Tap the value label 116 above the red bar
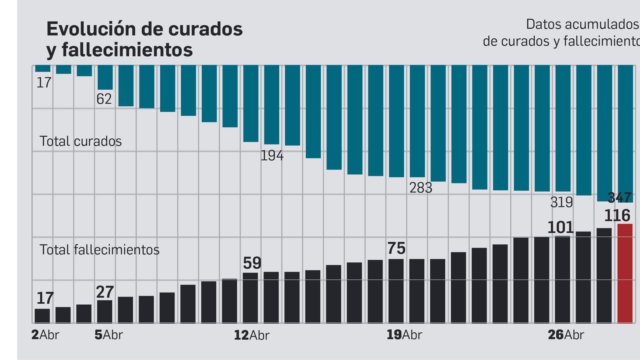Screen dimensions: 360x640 click(617, 216)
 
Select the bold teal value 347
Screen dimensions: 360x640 click(620, 198)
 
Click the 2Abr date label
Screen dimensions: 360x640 click(45, 335)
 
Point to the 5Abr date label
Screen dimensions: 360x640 click(108, 335)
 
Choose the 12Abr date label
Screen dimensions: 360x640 click(251, 335)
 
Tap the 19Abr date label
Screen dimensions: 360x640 click(404, 335)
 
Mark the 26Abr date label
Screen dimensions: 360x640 click(566, 335)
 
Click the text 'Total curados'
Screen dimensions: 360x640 click(80, 141)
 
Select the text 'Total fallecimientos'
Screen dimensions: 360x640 click(99, 250)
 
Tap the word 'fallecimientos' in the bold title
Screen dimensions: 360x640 click(127, 50)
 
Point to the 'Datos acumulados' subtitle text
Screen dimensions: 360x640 click(582, 24)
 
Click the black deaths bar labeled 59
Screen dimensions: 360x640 click(250, 298)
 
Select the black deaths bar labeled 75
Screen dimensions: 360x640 click(396, 291)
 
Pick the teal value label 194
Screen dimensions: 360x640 click(272, 156)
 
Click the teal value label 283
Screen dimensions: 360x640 click(420, 188)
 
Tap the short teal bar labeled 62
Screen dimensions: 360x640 click(105, 77)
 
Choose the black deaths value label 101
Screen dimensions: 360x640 click(560, 228)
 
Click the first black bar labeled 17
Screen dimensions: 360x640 click(42, 316)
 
